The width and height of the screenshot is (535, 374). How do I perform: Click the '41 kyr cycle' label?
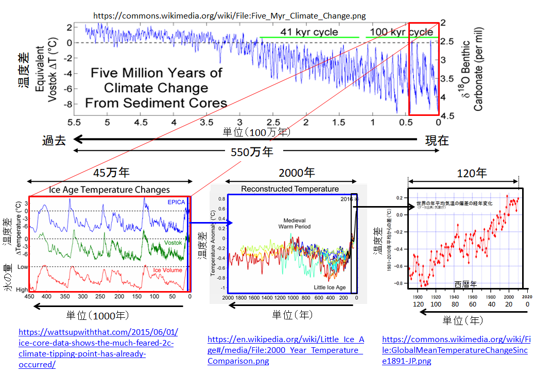(309, 32)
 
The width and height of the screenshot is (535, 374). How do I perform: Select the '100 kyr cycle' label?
(398, 32)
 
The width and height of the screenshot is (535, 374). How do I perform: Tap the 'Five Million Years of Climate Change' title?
(156, 88)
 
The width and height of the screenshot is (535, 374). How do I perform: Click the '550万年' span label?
(252, 152)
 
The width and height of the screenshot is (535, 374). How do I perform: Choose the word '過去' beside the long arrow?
(54, 140)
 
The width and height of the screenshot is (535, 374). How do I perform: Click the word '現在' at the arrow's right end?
(437, 140)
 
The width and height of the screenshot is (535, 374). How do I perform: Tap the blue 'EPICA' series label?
(176, 202)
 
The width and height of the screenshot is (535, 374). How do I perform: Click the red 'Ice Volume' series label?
(167, 270)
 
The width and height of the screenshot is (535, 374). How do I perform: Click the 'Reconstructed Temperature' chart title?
(290, 189)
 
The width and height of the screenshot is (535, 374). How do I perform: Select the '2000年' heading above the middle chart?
(297, 173)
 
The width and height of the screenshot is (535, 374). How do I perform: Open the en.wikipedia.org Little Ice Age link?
(285, 350)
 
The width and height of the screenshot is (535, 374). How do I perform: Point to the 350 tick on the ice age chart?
(65, 297)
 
